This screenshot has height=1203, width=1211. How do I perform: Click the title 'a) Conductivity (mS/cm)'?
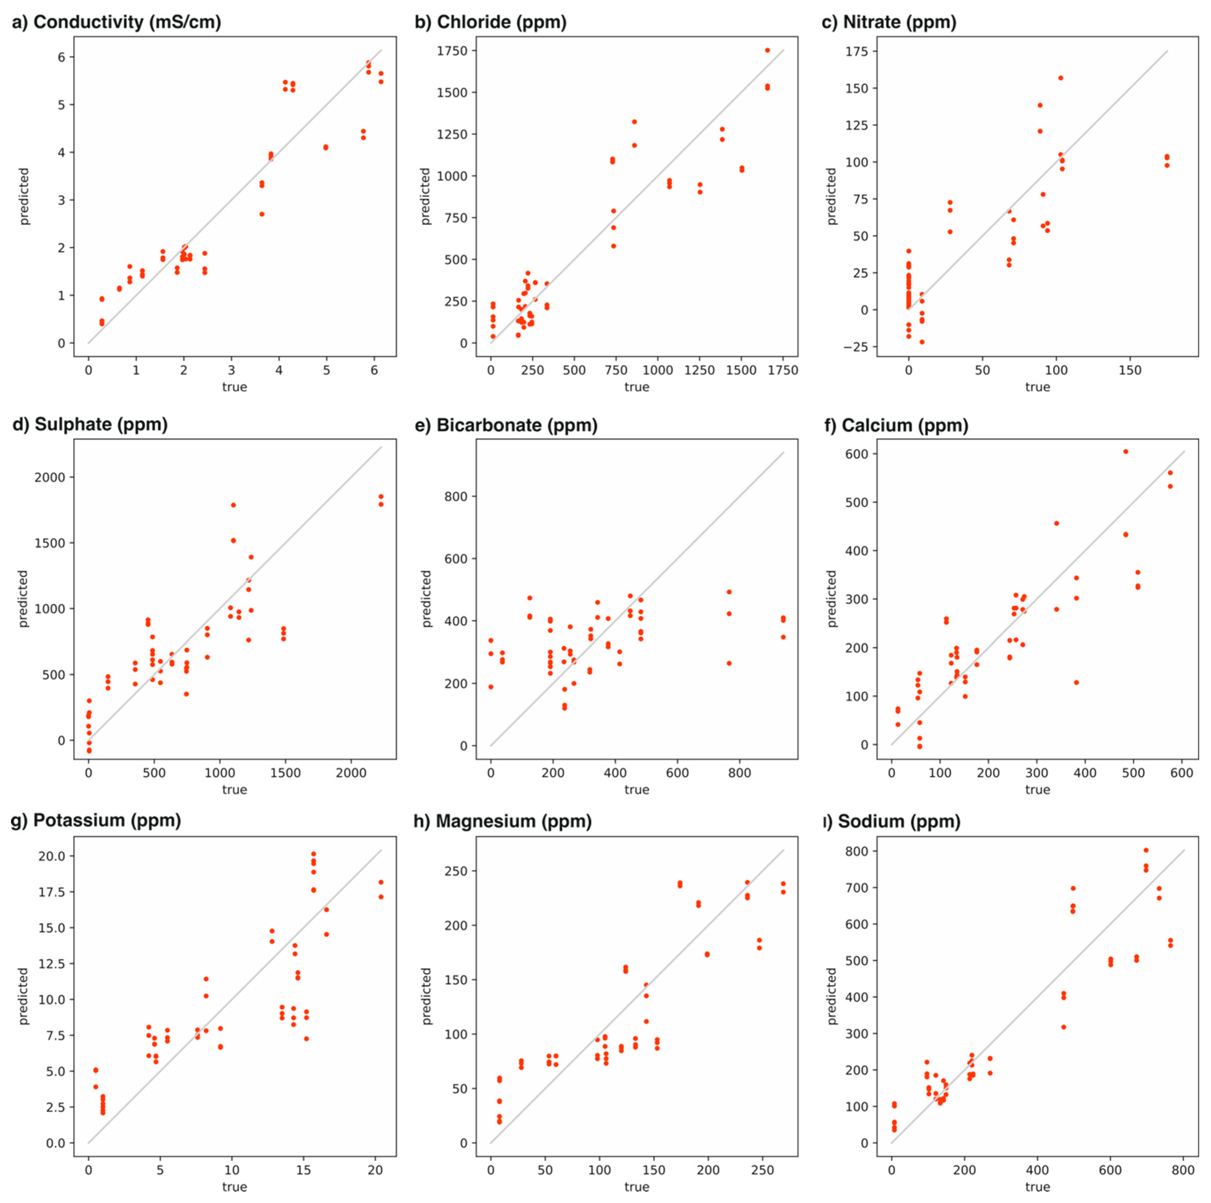117,23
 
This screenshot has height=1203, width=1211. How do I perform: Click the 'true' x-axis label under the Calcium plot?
1037,790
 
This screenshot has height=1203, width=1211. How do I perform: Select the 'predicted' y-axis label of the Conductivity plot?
24,196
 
